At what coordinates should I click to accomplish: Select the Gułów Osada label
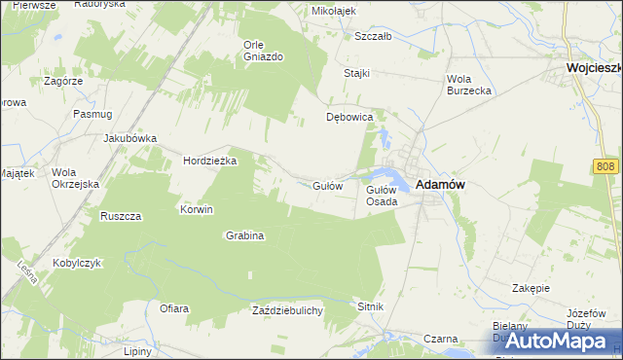(x=381, y=196)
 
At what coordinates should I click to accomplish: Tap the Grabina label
(x=245, y=235)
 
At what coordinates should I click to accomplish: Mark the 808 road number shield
(x=605, y=167)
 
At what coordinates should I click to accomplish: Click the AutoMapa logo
(x=552, y=340)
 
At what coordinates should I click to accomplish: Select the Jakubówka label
(x=130, y=138)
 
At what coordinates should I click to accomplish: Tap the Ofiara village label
(x=173, y=308)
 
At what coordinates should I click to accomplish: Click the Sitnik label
(x=371, y=306)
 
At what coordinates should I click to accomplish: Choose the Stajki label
(x=358, y=74)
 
